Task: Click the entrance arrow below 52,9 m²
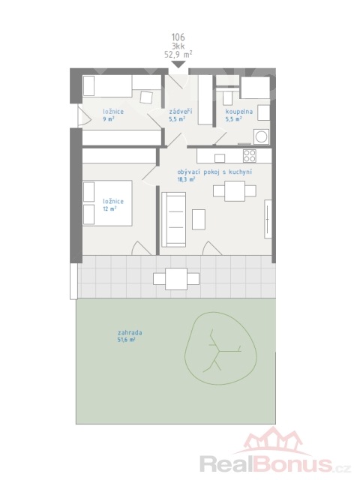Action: coord(178,64)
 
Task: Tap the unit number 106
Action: coord(178,37)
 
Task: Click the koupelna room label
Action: coord(239,112)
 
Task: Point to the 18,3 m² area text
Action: coord(186,180)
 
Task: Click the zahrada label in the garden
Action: coord(130,333)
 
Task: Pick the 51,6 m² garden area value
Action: coord(127,340)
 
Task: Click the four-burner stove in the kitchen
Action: coord(250,156)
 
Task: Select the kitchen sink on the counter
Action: coord(220,158)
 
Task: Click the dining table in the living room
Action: coord(235,191)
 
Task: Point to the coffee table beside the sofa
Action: coord(199,219)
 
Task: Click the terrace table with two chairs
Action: coord(176,279)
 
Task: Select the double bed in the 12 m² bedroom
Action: coord(107,203)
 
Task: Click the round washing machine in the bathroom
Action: coord(261,136)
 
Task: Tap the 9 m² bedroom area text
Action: coord(109,119)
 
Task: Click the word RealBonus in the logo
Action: coord(266,464)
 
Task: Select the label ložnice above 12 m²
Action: coord(113,202)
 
